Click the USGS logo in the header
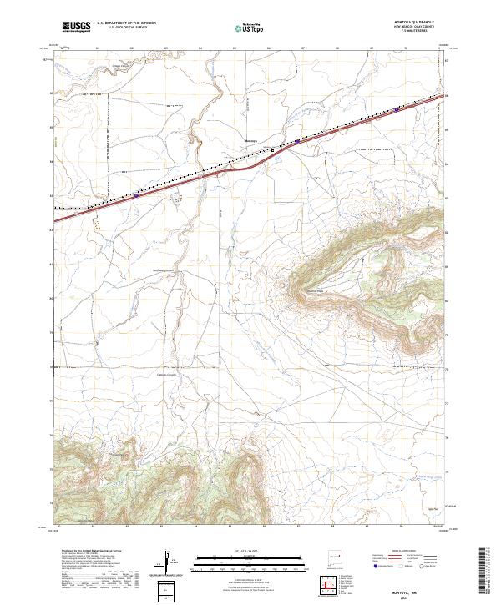76,27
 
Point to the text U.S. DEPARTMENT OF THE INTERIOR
126,23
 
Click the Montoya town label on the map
250,139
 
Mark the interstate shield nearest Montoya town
297,141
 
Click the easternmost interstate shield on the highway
395,108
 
